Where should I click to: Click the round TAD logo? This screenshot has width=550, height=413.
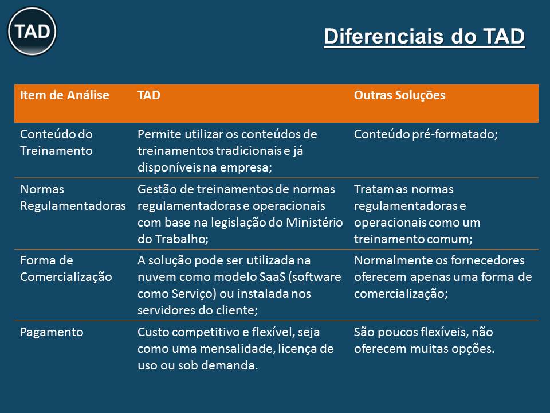tap(32, 31)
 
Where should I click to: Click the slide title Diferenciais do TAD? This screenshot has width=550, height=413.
tap(424, 37)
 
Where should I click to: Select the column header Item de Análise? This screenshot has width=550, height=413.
tap(65, 95)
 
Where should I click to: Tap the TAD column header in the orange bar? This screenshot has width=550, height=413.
tap(149, 95)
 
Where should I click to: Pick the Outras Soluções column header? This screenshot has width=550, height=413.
tap(399, 95)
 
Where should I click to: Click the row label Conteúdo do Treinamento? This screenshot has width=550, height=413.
tap(57, 142)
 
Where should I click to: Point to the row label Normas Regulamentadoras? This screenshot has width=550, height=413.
tap(73, 197)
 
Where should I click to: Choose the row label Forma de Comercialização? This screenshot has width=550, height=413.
tap(66, 268)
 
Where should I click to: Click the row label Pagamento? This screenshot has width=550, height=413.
tap(52, 332)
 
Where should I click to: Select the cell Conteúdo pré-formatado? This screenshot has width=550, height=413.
tap(426, 134)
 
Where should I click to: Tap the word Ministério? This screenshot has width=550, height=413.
tap(315, 223)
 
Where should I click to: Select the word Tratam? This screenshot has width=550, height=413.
tap(373, 189)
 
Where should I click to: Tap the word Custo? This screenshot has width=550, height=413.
tap(154, 332)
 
